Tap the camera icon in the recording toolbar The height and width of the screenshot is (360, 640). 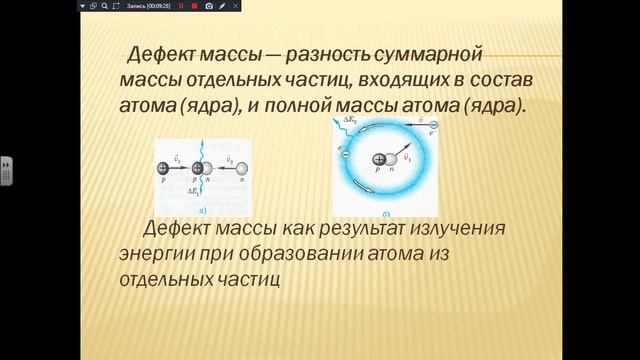(x=208, y=6)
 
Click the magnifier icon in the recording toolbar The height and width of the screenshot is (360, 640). (x=104, y=6)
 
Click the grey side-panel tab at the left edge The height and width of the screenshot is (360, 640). (x=5, y=169)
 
